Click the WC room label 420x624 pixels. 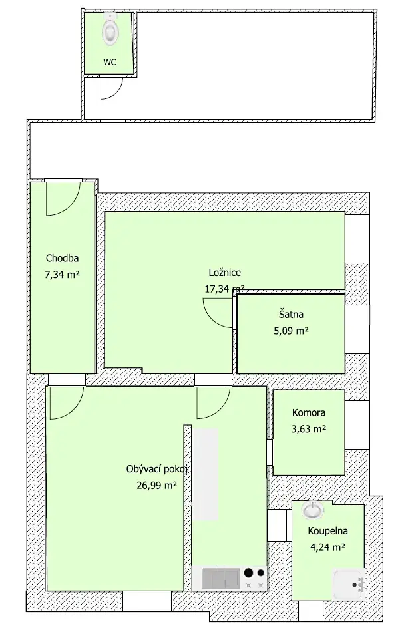click(110, 62)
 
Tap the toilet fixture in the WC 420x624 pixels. click(110, 29)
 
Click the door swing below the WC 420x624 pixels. click(111, 88)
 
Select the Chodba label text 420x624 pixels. click(62, 258)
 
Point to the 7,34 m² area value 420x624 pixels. click(62, 274)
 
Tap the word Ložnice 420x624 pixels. click(225, 273)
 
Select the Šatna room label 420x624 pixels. click(291, 315)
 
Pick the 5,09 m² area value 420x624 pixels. click(291, 331)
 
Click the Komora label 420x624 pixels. click(309, 412)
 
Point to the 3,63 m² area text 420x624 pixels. click(309, 429)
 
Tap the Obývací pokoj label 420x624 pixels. click(157, 469)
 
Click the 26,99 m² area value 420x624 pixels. click(157, 485)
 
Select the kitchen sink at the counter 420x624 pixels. click(220, 578)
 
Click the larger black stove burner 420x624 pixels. click(249, 573)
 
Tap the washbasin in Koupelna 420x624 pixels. click(313, 510)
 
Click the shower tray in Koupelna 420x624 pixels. click(349, 584)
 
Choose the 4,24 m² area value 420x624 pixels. click(327, 547)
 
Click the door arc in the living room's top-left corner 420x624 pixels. click(67, 402)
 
